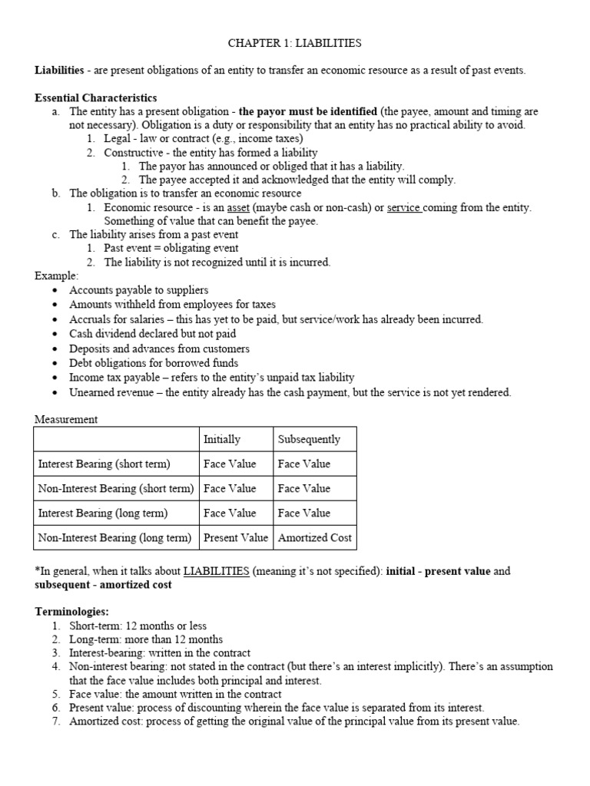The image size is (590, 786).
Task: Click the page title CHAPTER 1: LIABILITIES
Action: point(295,44)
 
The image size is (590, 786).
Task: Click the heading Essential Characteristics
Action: point(96,98)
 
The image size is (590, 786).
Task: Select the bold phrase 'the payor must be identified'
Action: point(307,112)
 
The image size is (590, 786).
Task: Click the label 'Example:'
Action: point(55,276)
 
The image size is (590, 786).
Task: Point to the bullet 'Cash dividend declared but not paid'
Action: point(152,334)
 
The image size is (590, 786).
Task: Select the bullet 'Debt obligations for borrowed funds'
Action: point(154,363)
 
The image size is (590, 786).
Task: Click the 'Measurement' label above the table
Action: point(66,419)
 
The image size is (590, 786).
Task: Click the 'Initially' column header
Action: point(221,440)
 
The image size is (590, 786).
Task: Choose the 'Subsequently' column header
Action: point(309,440)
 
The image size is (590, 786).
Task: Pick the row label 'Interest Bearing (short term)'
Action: point(104,464)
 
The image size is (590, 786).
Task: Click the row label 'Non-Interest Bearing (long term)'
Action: point(114,537)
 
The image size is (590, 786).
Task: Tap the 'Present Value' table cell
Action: point(236,537)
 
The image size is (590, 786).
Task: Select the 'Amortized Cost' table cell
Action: point(314,537)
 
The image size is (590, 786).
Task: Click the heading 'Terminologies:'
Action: point(72,612)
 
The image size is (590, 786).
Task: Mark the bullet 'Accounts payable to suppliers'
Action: point(138,290)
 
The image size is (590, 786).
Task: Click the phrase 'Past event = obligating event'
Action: point(171,248)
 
